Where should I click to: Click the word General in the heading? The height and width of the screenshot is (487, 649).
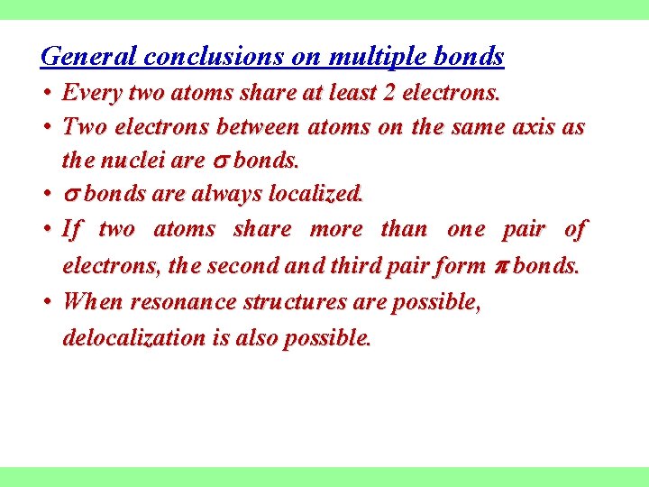pyautogui.click(x=88, y=57)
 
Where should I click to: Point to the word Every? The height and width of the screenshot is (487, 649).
pyautogui.click(x=93, y=93)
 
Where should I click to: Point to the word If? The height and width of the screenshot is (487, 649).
pyautogui.click(x=71, y=229)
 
